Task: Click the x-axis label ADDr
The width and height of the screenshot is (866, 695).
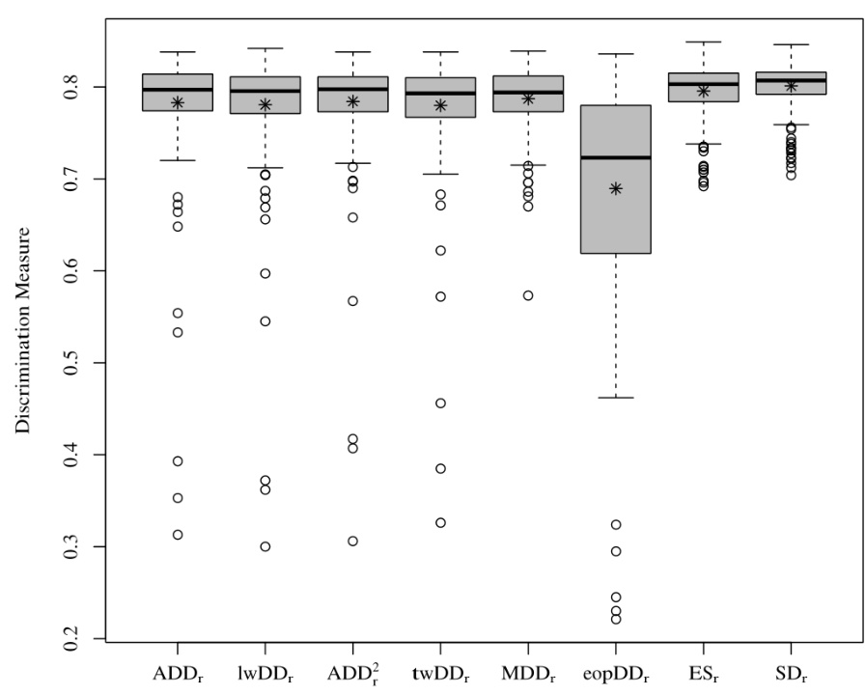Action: pyautogui.click(x=179, y=668)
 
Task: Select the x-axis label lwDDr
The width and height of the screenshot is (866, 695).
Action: pyautogui.click(x=265, y=668)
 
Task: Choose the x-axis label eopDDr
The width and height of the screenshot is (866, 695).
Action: pyautogui.click(x=616, y=669)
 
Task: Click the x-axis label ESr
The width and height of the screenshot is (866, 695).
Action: pyautogui.click(x=703, y=668)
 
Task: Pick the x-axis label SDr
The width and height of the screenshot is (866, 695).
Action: pyautogui.click(x=791, y=668)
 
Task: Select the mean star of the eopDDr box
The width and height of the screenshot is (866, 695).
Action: pyautogui.click(x=616, y=188)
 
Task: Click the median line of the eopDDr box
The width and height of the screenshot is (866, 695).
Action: pyautogui.click(x=616, y=157)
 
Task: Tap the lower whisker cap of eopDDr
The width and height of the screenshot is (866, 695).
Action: pyautogui.click(x=616, y=398)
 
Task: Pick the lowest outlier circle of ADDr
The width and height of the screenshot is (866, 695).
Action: pyautogui.click(x=178, y=535)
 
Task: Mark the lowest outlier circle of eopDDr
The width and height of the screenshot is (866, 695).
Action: pyautogui.click(x=616, y=619)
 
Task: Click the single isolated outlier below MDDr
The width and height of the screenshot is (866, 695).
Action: pyautogui.click(x=528, y=295)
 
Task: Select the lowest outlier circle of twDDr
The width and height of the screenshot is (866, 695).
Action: pyautogui.click(x=440, y=523)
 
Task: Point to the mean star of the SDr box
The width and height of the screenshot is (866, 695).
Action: pyautogui.click(x=791, y=86)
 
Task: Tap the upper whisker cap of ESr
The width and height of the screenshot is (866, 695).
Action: pyautogui.click(x=703, y=42)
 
